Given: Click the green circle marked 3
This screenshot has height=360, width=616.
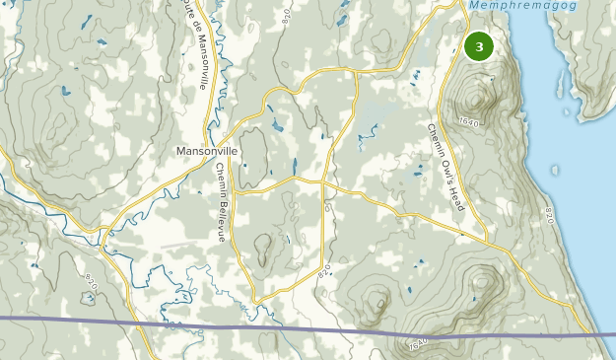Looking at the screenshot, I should (479, 46).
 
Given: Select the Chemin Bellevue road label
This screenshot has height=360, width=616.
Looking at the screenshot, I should (222, 202).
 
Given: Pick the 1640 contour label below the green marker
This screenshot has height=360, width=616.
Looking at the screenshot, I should (468, 121).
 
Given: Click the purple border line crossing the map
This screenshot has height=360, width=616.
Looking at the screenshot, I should (246, 325).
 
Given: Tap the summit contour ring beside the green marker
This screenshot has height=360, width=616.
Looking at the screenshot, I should (480, 99).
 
